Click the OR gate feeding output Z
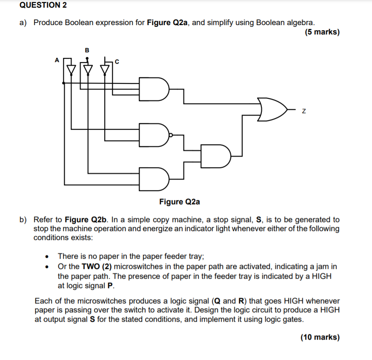click(x=272, y=109)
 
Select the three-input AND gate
click(x=154, y=89)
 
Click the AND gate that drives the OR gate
click(x=215, y=156)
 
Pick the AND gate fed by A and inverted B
click(x=154, y=179)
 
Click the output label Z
click(x=303, y=111)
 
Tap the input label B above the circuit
click(x=87, y=50)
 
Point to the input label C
click(x=117, y=63)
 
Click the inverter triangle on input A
click(x=72, y=69)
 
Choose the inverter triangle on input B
click(x=88, y=69)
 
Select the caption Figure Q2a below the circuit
click(x=180, y=201)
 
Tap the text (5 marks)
click(x=322, y=32)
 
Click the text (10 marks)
click(x=320, y=337)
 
